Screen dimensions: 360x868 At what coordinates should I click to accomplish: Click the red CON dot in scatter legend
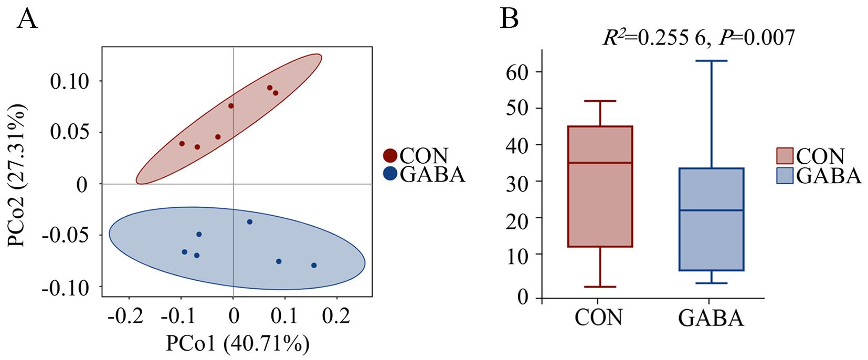point(390,156)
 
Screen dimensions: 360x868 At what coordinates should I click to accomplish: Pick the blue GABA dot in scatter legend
point(390,174)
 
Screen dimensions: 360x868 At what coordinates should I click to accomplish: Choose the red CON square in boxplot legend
point(785,156)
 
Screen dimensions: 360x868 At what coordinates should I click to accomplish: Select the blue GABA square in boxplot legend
point(785,175)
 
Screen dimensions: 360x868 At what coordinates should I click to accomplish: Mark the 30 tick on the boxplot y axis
point(517,181)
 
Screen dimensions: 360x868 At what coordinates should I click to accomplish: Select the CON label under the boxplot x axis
point(599,317)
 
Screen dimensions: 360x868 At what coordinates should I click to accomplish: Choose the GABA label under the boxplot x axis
point(711,317)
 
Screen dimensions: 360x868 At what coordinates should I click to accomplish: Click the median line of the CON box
point(600,163)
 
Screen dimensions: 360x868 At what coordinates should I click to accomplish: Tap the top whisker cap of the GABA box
point(712,61)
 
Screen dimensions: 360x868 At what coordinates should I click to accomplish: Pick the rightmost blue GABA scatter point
point(314,265)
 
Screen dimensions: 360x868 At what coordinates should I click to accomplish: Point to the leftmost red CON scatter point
point(182,143)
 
